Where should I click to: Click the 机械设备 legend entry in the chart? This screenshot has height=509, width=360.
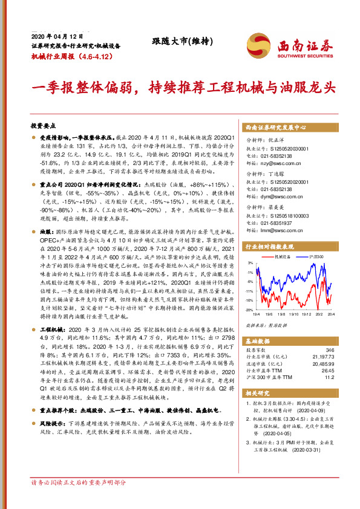coord(286,257)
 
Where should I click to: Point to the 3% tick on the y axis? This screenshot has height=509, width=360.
coord(249,263)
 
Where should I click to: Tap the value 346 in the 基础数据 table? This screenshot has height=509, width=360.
coord(329,350)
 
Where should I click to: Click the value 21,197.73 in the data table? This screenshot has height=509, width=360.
coord(322,356)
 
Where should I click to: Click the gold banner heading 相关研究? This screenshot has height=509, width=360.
coord(258,394)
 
